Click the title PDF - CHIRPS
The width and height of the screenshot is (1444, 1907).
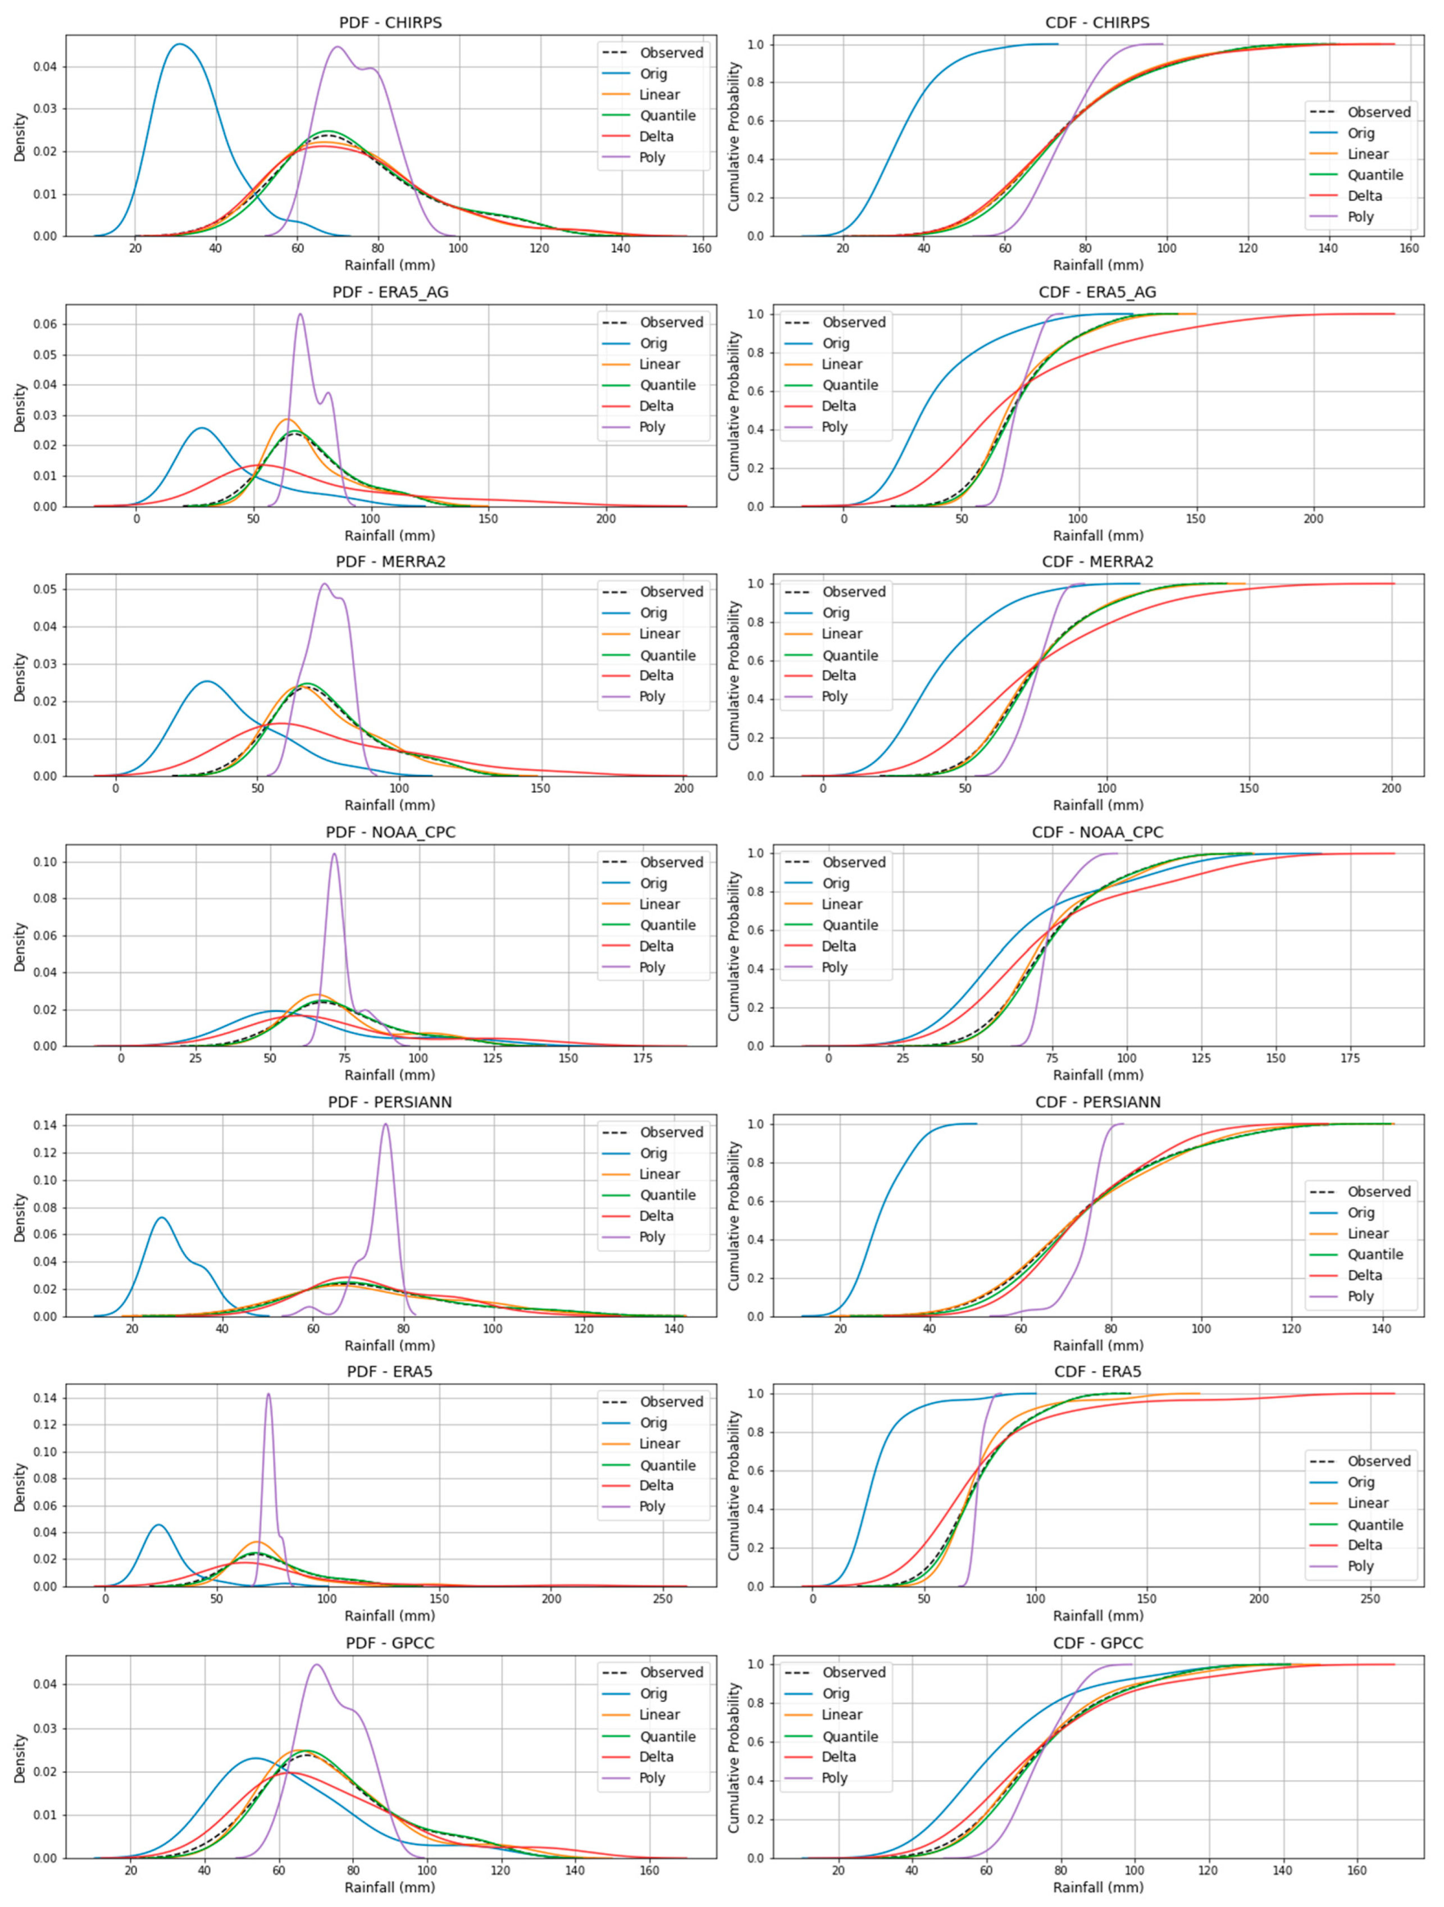coord(390,22)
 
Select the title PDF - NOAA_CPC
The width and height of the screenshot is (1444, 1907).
coord(390,832)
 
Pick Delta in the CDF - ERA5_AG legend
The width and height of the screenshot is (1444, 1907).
coord(838,406)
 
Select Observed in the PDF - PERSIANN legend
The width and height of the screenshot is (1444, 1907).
coord(671,1132)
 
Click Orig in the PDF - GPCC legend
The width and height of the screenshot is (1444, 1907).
coord(653,1693)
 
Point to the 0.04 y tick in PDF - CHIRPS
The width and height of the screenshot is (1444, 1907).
coord(45,66)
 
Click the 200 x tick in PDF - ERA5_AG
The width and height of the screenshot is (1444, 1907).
coord(605,519)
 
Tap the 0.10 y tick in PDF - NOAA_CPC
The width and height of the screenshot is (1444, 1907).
coord(45,862)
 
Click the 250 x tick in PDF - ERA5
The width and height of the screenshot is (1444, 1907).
coord(662,1599)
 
